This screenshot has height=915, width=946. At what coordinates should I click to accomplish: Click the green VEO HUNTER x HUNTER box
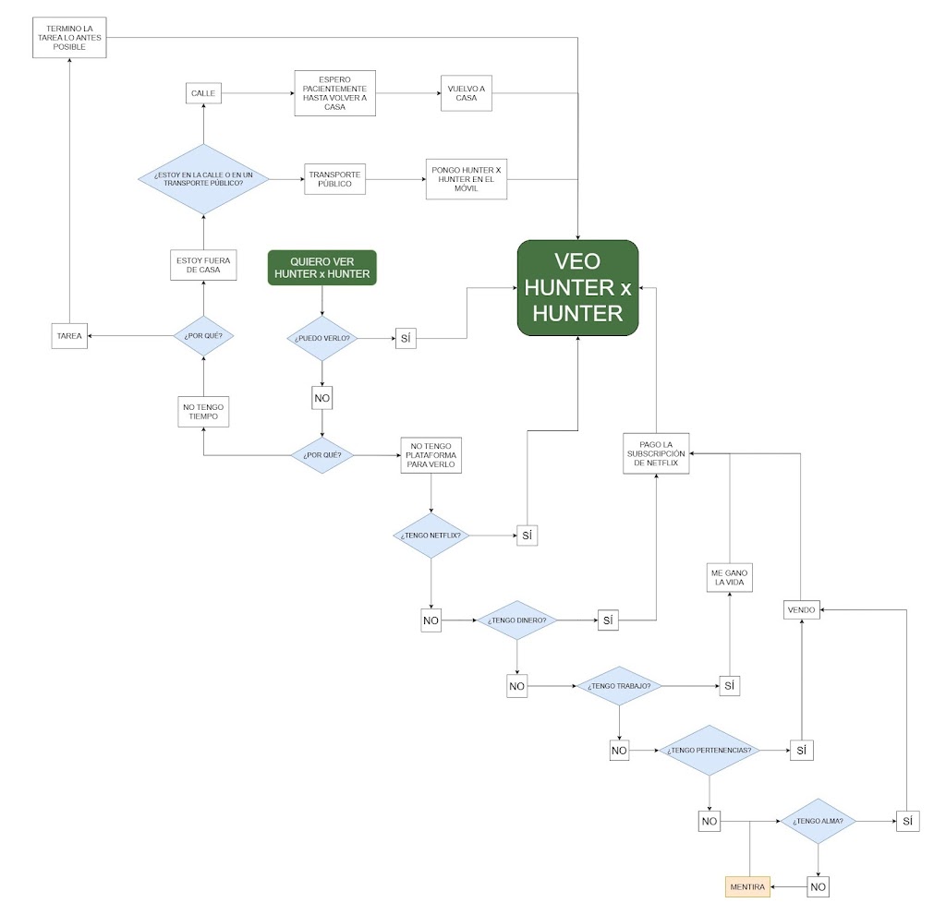pos(577,287)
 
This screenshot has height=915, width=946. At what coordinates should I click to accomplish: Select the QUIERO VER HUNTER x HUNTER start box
pos(322,267)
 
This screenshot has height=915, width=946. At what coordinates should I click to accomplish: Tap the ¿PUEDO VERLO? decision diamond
pos(322,339)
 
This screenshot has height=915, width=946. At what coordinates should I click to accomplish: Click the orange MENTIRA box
pos(747,886)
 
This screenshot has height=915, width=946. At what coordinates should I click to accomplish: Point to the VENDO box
pos(801,609)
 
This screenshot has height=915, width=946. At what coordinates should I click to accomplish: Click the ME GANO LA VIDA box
pos(729,579)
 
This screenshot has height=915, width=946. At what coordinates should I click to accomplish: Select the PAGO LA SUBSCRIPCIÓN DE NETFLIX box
pos(656,453)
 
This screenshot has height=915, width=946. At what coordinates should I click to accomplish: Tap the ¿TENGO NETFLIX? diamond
pos(431,535)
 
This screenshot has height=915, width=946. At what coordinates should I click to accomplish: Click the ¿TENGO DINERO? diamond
pos(517,620)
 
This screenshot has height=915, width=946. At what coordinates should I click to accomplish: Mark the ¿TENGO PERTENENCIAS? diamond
pos(709,751)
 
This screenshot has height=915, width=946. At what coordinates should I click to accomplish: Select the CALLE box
pos(203,93)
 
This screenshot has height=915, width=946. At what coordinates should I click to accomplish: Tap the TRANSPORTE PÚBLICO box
pos(335,179)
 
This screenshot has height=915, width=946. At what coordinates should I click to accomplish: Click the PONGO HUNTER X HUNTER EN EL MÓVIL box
pos(467,178)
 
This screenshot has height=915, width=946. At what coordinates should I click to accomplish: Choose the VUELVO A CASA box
pos(467,93)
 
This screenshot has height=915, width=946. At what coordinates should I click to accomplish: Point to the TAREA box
pos(69,337)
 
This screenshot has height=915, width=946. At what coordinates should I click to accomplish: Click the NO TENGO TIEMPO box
pos(203,412)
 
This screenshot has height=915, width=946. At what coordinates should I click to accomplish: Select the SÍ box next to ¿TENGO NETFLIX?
pos(527,536)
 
